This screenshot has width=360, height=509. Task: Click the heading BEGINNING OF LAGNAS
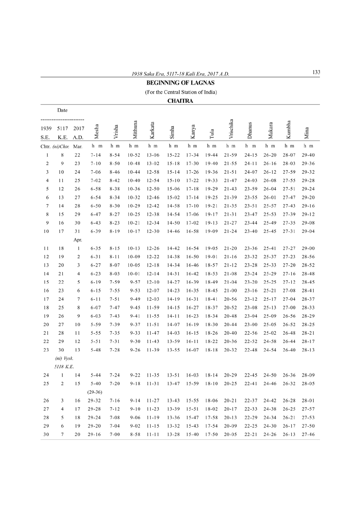[180, 83]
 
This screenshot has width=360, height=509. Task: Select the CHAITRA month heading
[180, 101]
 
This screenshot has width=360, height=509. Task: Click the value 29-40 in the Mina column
[308, 155]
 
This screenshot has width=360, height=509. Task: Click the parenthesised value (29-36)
[94, 392]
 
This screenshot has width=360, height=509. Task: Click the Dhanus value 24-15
[251, 155]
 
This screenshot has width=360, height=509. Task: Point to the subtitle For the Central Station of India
[180, 92]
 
